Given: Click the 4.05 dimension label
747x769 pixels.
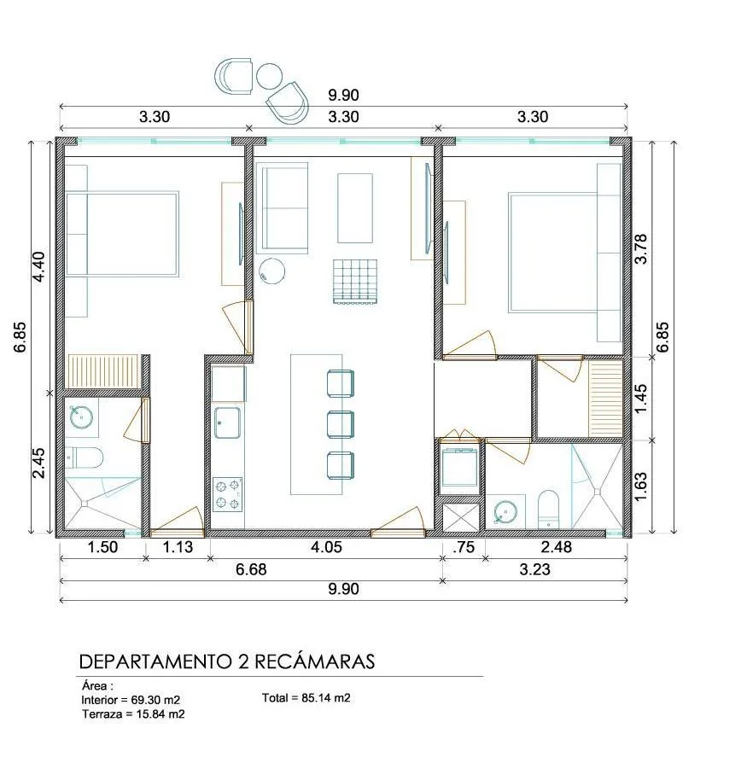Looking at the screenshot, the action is point(326,547).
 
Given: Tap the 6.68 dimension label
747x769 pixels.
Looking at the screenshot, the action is point(251,569).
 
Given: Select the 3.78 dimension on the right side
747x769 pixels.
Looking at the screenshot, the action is point(640,249).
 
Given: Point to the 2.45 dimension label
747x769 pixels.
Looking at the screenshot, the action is point(38,463).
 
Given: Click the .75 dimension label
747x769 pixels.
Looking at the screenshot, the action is point(464,547).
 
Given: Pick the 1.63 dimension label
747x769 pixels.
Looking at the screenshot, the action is point(640,487).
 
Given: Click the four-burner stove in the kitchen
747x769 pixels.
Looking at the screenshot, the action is point(228,494).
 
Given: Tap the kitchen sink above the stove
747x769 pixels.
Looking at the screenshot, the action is point(228,422).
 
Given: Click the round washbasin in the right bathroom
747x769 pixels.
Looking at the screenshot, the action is point(505,513).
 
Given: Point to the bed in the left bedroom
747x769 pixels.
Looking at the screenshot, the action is point(122,235).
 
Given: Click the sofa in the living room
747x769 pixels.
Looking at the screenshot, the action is point(282,208).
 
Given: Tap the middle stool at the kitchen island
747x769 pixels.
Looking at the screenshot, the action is point(341,423).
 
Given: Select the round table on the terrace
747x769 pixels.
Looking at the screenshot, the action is point(269,76).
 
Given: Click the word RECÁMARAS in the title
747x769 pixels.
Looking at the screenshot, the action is point(315,661).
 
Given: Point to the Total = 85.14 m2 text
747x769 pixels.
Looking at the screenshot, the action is point(306,697).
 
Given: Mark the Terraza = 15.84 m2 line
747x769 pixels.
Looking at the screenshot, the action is point(133,714).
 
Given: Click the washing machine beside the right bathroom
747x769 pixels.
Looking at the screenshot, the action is point(459,466).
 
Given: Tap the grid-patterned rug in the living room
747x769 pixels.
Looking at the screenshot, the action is point(355,282).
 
